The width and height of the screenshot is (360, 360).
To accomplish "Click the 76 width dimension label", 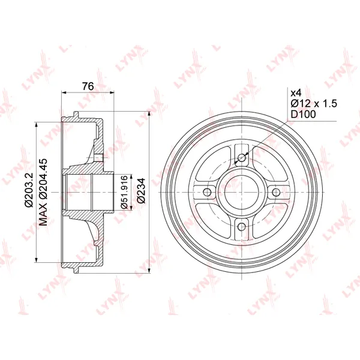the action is pyautogui.click(x=88, y=86).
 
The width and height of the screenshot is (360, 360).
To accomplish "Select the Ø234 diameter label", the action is pyautogui.click(x=141, y=190).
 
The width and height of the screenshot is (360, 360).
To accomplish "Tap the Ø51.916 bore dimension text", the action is pyautogui.click(x=124, y=192).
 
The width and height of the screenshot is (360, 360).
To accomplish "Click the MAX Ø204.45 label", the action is pyautogui.click(x=43, y=192).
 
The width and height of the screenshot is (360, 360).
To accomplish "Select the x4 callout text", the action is pyautogui.click(x=296, y=93).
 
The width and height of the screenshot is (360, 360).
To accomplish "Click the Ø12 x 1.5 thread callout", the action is pyautogui.click(x=314, y=104).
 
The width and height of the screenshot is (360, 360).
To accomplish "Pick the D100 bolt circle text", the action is pyautogui.click(x=303, y=114).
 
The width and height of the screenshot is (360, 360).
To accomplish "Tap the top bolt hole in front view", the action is pyautogui.click(x=242, y=157).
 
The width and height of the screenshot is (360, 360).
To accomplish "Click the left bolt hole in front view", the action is pyautogui.click(x=207, y=192).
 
